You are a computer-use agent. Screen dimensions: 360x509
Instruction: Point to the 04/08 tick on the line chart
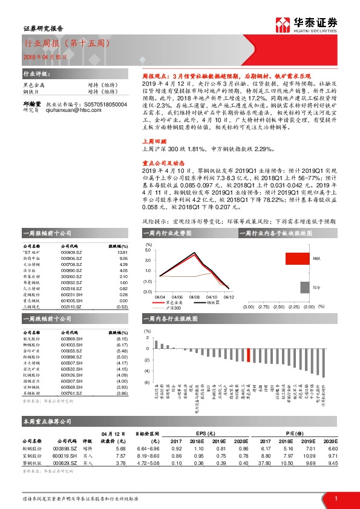click(x=194, y=297)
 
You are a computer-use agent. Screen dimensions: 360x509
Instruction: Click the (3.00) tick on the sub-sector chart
click(x=247, y=307)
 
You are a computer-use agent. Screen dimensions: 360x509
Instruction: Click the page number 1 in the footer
click(x=335, y=498)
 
